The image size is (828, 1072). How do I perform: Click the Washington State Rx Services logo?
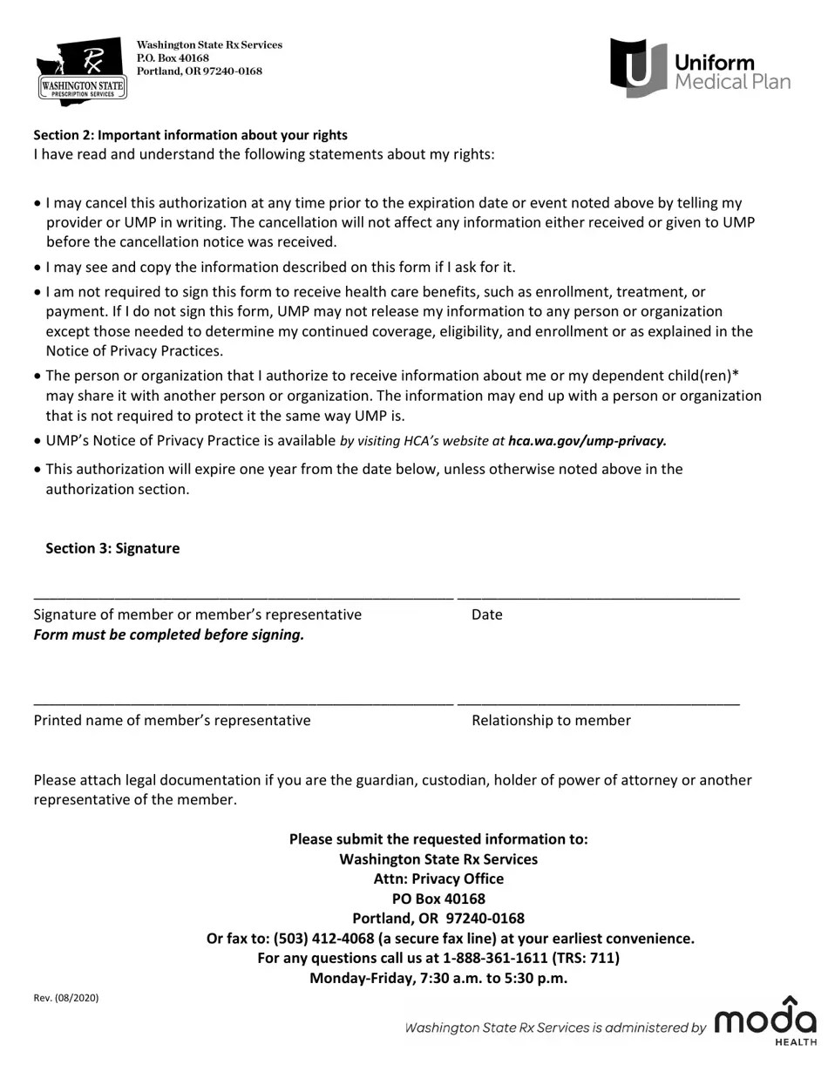coord(81,71)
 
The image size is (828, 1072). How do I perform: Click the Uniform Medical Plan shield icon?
coord(637,67)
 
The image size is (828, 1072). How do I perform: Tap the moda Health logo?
coord(766,1021)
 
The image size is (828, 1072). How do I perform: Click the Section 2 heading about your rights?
coord(190,135)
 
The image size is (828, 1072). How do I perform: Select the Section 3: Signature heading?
coord(112,548)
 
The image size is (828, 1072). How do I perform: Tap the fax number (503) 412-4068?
coord(323,939)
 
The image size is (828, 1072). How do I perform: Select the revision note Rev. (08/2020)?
coord(66,998)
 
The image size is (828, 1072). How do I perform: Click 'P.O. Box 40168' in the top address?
coord(173,58)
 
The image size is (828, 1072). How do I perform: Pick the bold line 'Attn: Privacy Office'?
coord(438,879)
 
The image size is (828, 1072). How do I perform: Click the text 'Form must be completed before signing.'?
coord(169,635)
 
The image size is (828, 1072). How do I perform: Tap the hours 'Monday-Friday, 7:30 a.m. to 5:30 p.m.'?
coord(438,978)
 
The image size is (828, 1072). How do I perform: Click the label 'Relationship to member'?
coord(551,721)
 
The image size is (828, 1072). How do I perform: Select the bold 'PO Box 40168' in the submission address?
coord(438,899)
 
